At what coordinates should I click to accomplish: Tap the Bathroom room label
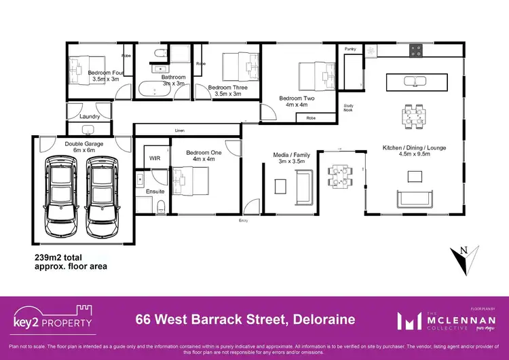click(x=173, y=77)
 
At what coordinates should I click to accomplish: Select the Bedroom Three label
click(x=227, y=88)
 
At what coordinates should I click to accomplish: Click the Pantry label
click(x=350, y=49)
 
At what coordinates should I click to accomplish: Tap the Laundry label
click(x=90, y=117)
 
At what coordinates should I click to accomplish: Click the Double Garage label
click(x=83, y=144)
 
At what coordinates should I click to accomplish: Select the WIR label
click(x=154, y=158)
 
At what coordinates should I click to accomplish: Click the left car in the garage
click(x=60, y=193)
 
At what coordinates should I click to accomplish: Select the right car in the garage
click(x=102, y=193)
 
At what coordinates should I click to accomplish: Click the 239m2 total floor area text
click(x=71, y=262)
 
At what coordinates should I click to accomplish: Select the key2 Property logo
click(x=52, y=319)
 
